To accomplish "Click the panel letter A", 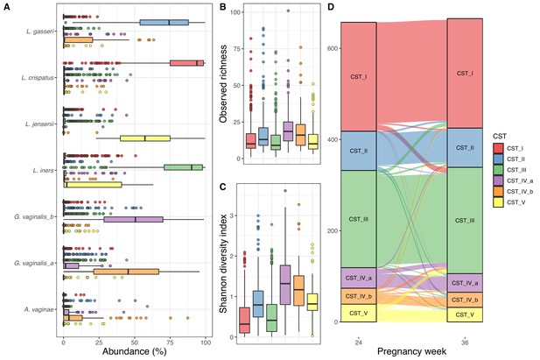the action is (7, 7).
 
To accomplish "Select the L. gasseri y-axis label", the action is (39, 32).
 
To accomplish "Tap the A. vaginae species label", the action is (39, 309).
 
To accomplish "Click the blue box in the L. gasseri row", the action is (165, 23).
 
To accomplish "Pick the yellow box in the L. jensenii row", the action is (145, 138).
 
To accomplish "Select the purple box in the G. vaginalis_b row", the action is (134, 219).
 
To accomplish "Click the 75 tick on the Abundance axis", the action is (170, 342).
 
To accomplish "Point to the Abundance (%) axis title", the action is (134, 352).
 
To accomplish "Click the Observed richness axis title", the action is (223, 84).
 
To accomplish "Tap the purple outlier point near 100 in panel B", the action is (288, 11).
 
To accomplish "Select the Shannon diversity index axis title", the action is (223, 264).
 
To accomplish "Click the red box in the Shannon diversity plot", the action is (244, 321).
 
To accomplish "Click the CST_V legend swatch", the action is (498, 202).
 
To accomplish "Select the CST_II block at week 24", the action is (359, 151).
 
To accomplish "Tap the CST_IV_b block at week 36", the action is (465, 300).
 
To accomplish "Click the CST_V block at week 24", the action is (359, 313).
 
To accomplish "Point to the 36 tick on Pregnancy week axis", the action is (465, 342).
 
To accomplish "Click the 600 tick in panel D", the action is (332, 48).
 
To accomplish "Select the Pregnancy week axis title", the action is (411, 352).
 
